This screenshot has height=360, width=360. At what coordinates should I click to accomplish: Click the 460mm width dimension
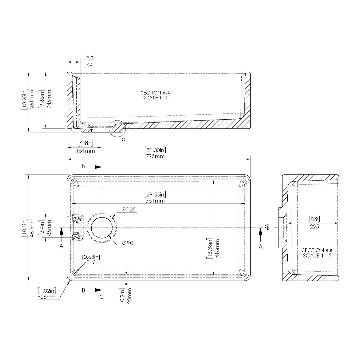(x=32, y=228)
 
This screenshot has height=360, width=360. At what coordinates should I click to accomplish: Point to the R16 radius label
(x=91, y=262)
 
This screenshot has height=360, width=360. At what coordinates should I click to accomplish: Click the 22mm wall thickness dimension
(x=130, y=295)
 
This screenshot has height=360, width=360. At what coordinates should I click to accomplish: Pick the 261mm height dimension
(x=32, y=99)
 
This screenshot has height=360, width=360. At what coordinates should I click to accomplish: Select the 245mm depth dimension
(x=50, y=99)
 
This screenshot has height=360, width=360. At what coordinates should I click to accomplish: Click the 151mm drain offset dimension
(x=86, y=151)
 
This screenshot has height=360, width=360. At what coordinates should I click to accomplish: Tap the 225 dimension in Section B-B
(x=314, y=227)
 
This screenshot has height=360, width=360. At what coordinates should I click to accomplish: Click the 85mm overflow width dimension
(x=50, y=228)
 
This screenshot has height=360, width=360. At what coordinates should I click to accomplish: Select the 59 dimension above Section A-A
(x=89, y=66)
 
